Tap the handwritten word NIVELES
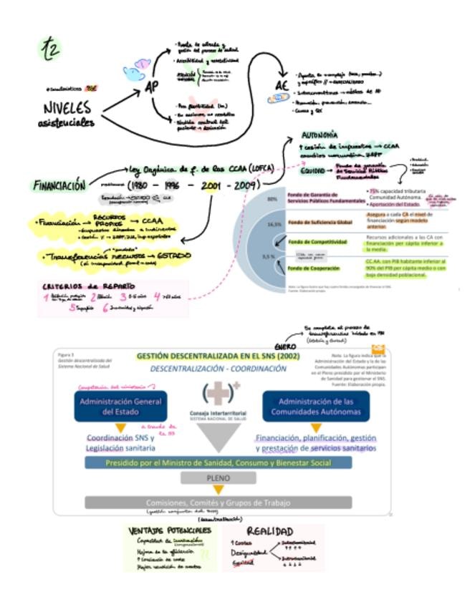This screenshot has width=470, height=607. (x=67, y=108)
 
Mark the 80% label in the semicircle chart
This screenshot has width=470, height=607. (x=273, y=200)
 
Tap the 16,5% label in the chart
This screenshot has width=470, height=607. (x=273, y=224)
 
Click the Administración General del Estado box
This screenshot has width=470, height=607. (x=110, y=405)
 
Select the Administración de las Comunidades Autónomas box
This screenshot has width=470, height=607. (x=316, y=405)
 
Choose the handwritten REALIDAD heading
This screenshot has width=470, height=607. (x=271, y=532)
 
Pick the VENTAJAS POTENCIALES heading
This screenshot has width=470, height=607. (x=170, y=530)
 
